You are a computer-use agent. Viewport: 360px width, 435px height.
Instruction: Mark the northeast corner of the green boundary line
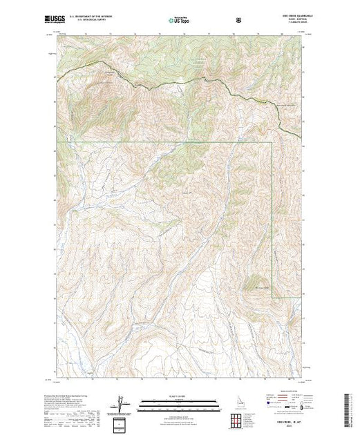[273, 142]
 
